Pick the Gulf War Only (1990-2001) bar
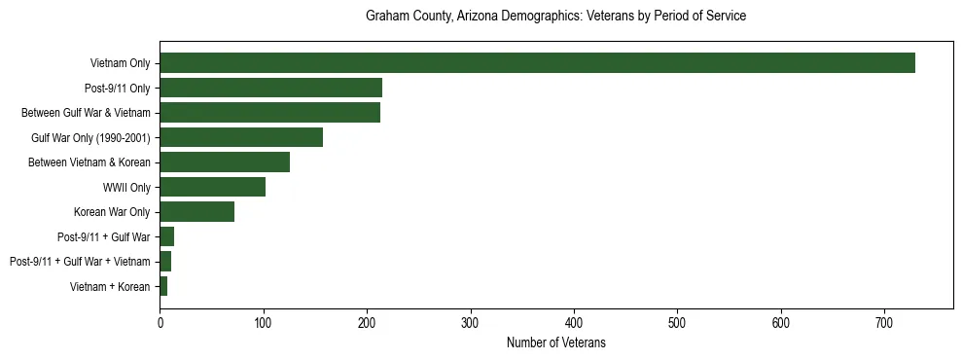241,137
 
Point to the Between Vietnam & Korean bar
225,162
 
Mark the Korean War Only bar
196,212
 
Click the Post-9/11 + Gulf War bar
166,236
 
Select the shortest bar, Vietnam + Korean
163,286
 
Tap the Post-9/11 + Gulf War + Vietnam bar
165,262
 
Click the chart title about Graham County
555,17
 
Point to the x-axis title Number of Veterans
555,342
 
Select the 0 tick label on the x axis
160,322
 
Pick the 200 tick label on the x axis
367,322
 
